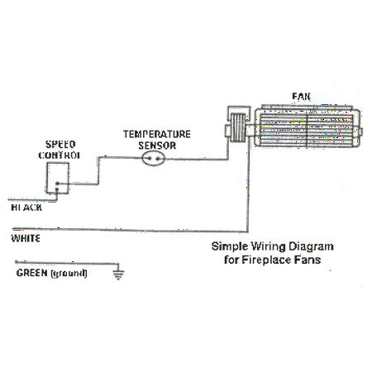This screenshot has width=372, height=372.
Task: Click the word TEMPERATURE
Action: [157, 132]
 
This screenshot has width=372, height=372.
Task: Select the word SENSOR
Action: [157, 144]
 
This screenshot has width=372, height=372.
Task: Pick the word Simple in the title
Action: [227, 247]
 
